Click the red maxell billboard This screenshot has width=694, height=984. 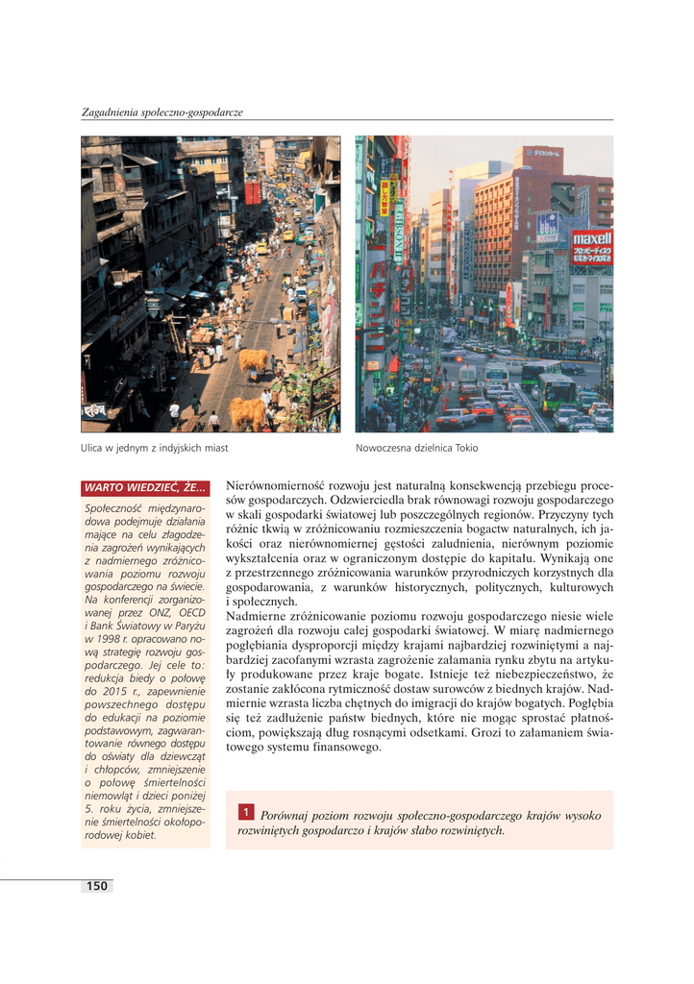coord(591,247)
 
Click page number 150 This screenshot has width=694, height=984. coord(96,886)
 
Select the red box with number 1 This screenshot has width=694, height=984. coord(246,814)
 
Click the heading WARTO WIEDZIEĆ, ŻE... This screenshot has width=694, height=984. coord(144,488)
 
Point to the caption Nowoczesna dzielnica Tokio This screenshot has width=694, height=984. coord(416,448)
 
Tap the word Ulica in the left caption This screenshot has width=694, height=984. coord(93,448)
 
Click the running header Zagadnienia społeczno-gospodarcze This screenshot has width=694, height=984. coord(161,112)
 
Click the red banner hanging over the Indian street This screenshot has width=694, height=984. coord(253,193)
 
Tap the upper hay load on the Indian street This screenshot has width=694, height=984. coord(254,360)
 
